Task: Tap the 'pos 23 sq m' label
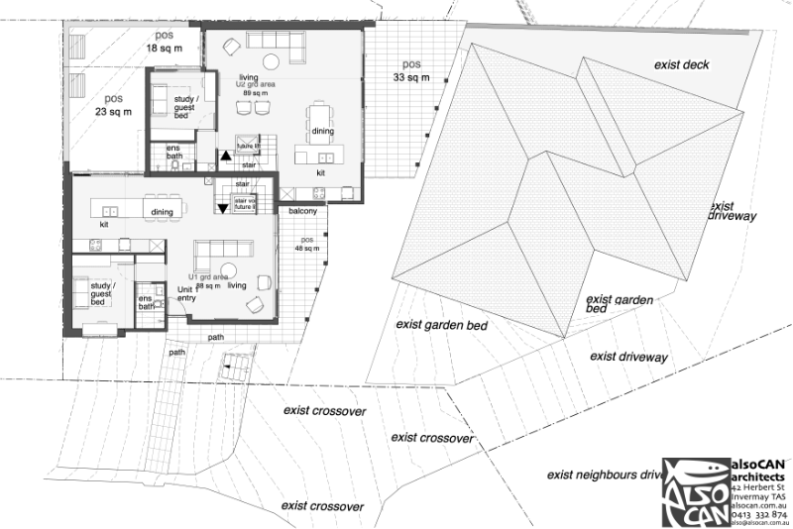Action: pos(114,105)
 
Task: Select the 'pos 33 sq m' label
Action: pos(410,70)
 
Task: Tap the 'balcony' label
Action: pos(302,211)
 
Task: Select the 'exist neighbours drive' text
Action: pos(604,476)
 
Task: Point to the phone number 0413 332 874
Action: pos(758,514)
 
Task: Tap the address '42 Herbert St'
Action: pos(758,487)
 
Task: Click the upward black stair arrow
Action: pos(226,155)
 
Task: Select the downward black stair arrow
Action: pos(223,206)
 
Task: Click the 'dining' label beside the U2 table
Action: pos(322,132)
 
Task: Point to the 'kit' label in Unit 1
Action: pos(103,224)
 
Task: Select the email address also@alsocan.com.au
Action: pos(758,523)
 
